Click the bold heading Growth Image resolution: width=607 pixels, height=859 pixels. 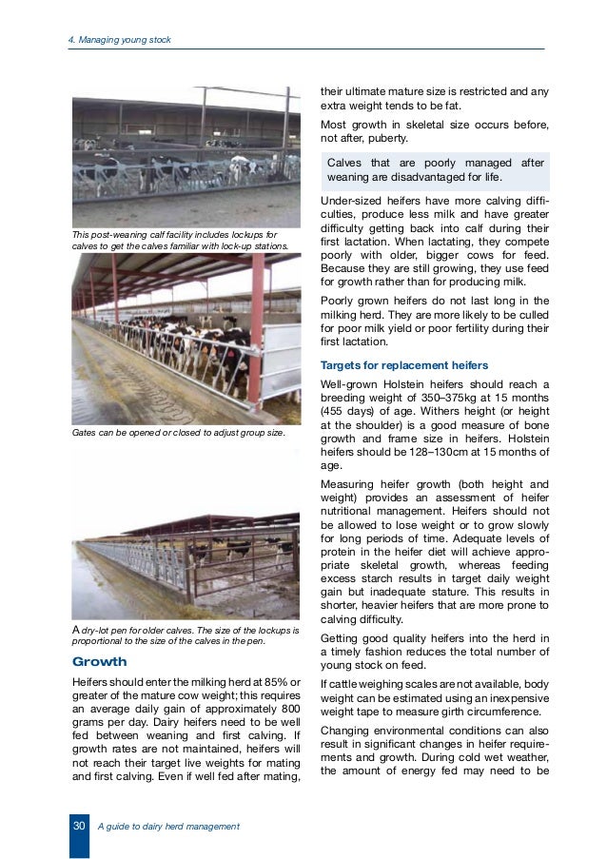[x=100, y=661]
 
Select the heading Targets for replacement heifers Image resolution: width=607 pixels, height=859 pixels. [x=404, y=365]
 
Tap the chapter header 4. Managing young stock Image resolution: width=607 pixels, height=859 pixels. [x=117, y=39]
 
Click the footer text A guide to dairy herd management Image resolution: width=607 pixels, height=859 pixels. [x=168, y=826]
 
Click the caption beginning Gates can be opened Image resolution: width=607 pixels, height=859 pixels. [x=178, y=432]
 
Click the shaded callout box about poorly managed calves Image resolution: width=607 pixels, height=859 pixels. [x=435, y=169]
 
